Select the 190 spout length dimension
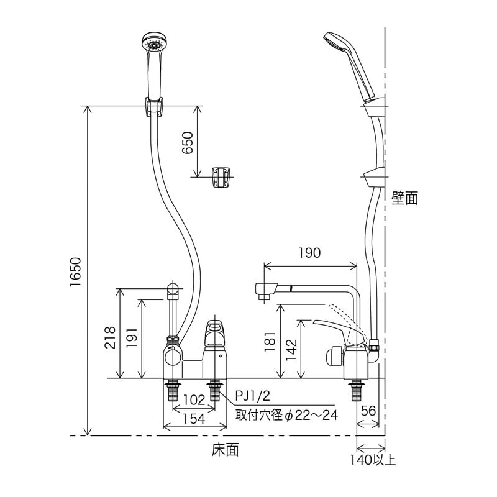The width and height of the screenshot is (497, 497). coord(309,253)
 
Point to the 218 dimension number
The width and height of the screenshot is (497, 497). coord(110,337)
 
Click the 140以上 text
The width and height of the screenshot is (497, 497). coord(372,460)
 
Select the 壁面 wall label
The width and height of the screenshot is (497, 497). coord(404,198)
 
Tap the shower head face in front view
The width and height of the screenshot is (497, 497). coord(153,44)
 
